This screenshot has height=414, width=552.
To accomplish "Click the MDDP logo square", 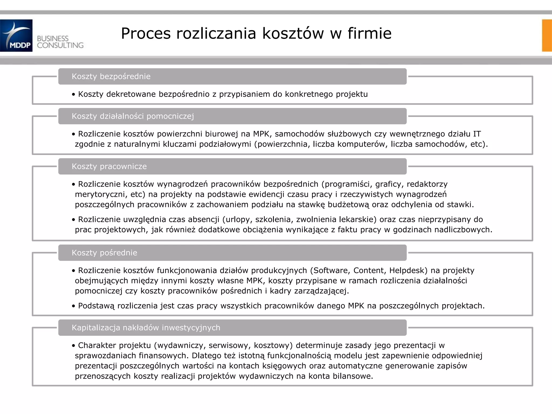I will [x=16, y=35].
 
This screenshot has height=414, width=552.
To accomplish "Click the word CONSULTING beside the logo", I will [x=60, y=45].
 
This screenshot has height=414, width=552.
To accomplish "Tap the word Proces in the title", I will [x=146, y=33].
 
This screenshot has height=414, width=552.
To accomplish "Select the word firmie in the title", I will [x=369, y=33].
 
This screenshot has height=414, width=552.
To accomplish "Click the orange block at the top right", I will [x=547, y=35].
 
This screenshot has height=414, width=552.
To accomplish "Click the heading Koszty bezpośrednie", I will [x=111, y=77].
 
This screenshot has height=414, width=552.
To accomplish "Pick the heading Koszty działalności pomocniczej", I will [x=133, y=116].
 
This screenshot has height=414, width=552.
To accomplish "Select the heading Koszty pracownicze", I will [x=109, y=167].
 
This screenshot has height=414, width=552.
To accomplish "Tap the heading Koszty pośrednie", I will [x=104, y=253].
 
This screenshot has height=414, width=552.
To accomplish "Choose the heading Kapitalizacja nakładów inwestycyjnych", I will [x=146, y=328].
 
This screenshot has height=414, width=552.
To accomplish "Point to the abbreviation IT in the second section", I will [x=477, y=134].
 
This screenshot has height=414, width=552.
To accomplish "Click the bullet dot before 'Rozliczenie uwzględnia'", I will [x=73, y=220].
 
